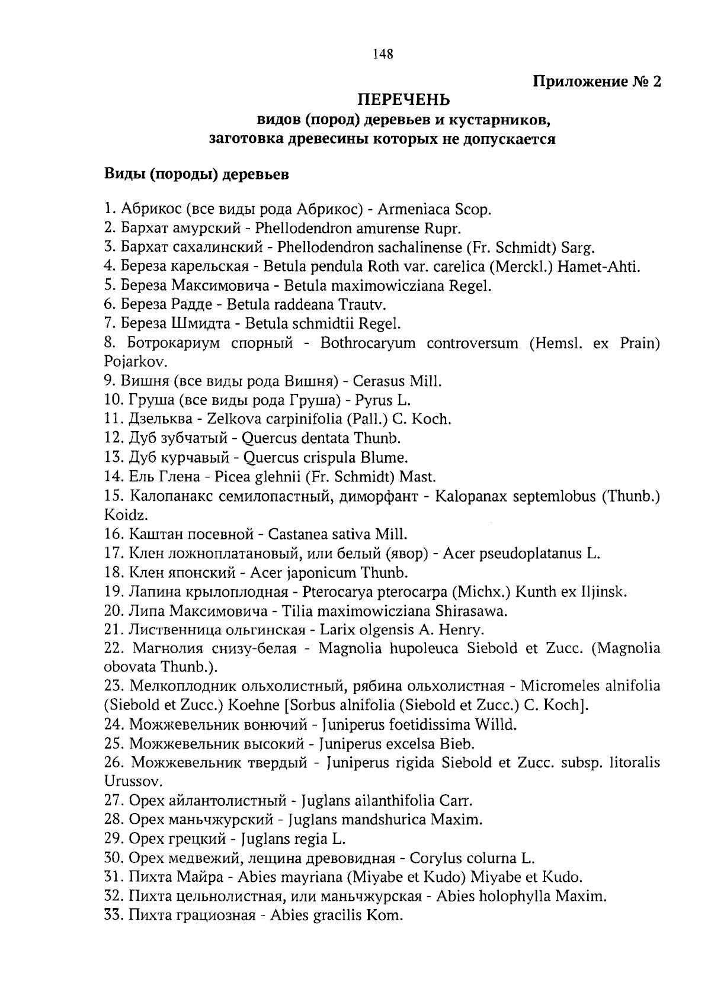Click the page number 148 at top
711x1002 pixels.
(383, 54)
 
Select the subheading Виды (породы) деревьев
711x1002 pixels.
(197, 174)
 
